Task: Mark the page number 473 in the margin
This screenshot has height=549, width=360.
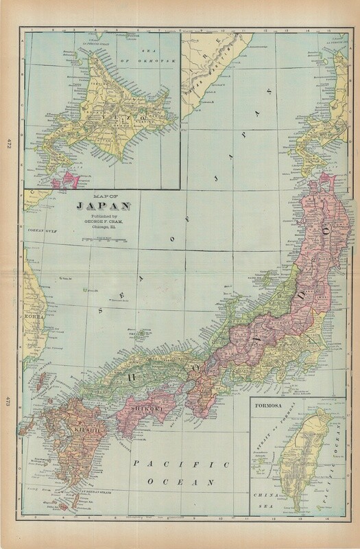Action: (x=9, y=402)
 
